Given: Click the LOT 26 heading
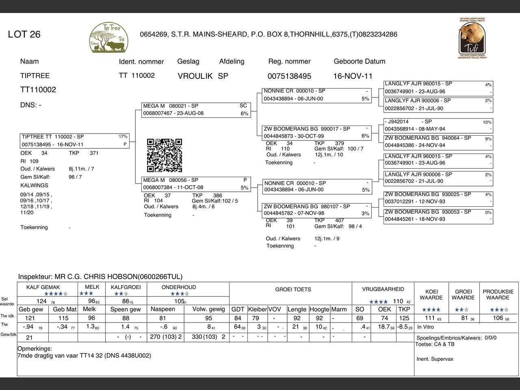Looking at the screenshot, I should tap(24, 35).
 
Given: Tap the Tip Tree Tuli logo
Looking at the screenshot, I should tap(108, 38).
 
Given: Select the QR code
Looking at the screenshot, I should tap(164, 155).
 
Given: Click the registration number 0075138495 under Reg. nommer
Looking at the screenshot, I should tap(289, 76).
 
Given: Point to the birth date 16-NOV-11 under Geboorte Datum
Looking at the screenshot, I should tap(353, 76).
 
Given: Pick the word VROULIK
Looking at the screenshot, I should tap(195, 76).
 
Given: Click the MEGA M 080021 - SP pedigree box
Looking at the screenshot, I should tap(195, 110).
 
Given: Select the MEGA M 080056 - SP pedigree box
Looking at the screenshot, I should tap(195, 184).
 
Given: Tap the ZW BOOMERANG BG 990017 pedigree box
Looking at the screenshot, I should tap(317, 132).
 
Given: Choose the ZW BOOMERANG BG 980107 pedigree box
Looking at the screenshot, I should tap(317, 210).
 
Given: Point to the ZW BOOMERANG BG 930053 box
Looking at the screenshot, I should tap(438, 215).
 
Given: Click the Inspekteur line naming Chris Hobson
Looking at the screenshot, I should tap(100, 277).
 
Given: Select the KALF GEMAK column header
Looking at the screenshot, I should tap(43, 287).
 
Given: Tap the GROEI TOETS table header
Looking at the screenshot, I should tap(293, 290).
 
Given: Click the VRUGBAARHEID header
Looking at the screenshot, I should tap(383, 289).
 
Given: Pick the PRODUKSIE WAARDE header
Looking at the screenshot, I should tap(498, 295).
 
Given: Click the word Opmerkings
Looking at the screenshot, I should tap(35, 349).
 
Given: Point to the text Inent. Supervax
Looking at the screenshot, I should tap(435, 359).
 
